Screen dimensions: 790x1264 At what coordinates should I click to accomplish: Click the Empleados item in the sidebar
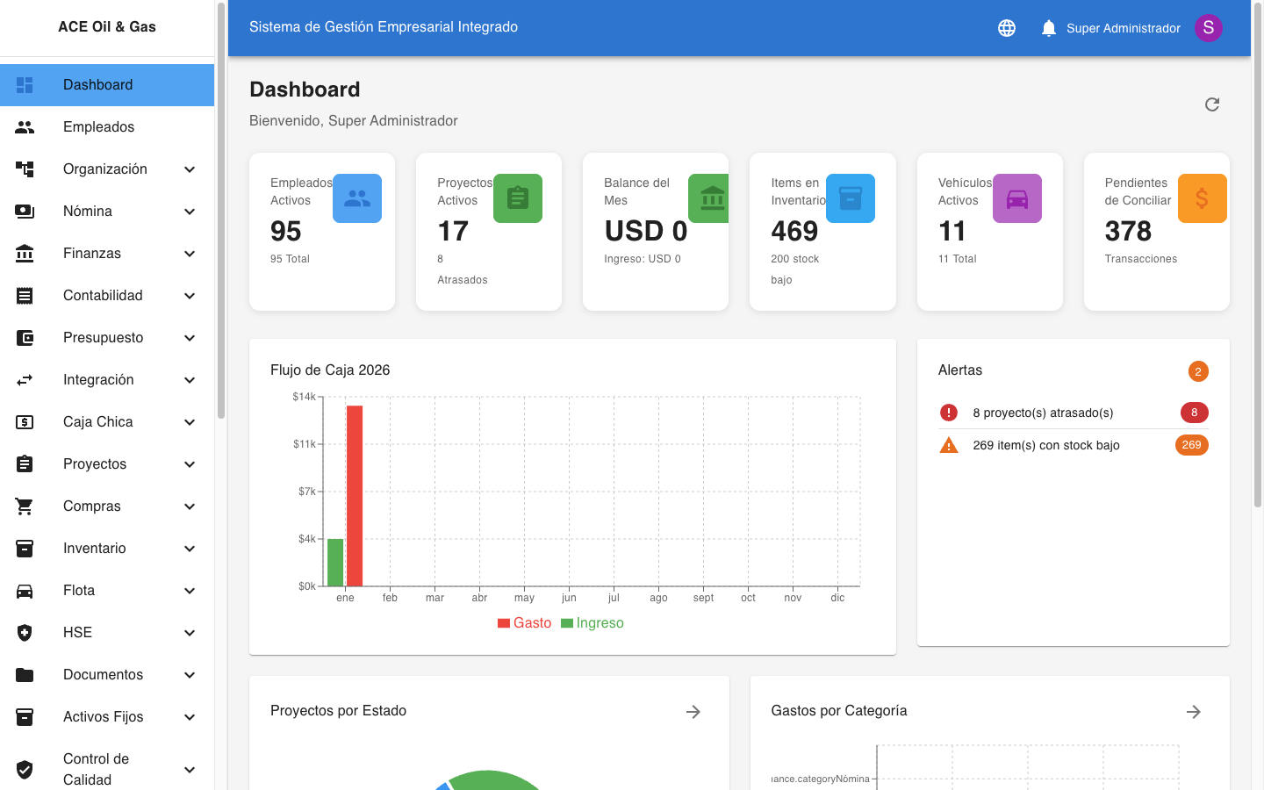coord(98,127)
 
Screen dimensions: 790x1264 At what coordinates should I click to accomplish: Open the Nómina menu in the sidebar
coord(88,212)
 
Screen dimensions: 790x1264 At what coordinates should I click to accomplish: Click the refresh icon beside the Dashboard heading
coord(1212,104)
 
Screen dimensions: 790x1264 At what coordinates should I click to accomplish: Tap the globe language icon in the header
coord(1007,28)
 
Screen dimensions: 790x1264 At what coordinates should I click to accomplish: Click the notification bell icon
coord(1048,28)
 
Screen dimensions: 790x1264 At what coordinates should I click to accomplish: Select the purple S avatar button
coord(1209,28)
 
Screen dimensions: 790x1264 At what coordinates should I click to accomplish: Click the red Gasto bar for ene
coord(355,496)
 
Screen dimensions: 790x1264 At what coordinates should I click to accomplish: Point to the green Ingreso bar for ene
coord(335,562)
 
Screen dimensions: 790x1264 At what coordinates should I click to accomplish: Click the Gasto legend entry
coord(525,623)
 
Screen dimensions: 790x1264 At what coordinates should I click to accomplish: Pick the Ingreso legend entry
coord(592,623)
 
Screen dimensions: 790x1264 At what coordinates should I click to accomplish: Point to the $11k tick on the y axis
coord(305,444)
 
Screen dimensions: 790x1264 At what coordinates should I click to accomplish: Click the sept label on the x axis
coord(703,598)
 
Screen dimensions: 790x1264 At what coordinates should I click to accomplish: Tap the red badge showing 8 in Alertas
coord(1194,413)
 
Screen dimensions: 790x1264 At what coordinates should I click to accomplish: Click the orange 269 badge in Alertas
coord(1191,445)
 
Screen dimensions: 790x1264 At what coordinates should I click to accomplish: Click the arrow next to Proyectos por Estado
coord(693,712)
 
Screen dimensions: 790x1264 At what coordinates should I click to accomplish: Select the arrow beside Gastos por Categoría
coord(1194,712)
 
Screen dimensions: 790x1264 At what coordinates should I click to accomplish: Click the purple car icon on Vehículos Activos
coord(1017,198)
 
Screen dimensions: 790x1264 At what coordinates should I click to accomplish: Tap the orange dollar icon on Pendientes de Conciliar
coord(1202,198)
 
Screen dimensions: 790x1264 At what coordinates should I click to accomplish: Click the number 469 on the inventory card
coord(794,231)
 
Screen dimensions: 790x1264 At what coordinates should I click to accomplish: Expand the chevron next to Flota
coord(190,591)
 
